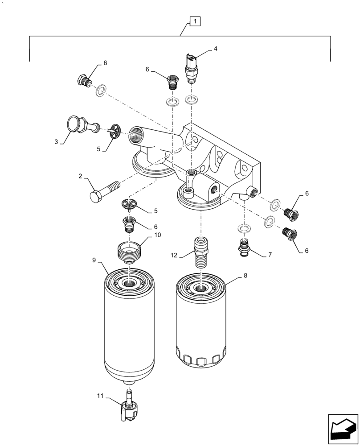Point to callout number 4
tap(216, 48)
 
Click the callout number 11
tap(101, 395)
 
